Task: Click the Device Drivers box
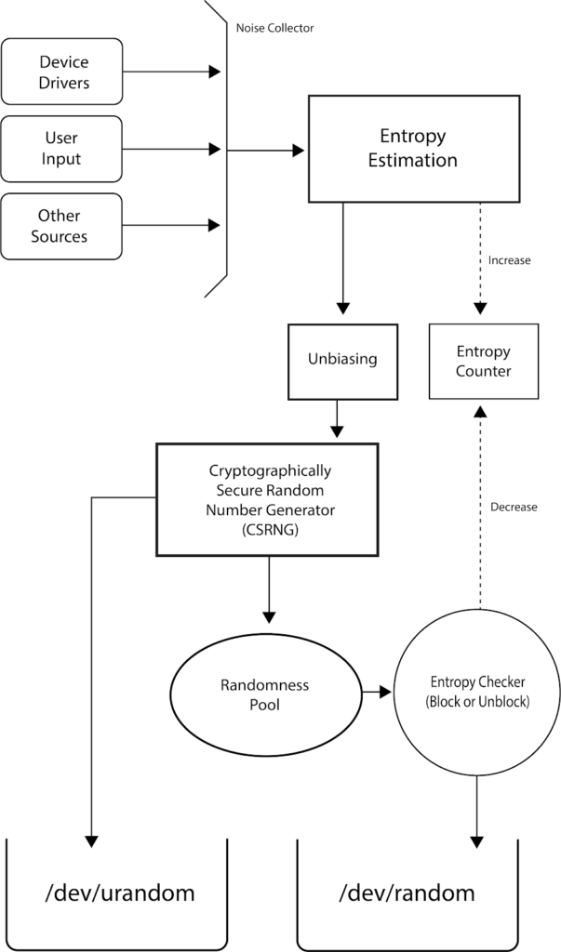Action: pos(62,71)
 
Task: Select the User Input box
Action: pos(62,149)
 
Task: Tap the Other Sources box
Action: pos(62,226)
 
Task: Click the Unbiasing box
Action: pos(342,357)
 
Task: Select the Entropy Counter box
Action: pos(483,361)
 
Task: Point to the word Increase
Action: pos(509,260)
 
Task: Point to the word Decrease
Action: pos(514,507)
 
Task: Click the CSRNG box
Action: pos(267,498)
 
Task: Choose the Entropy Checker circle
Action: pos(477,693)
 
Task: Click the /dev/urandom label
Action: pos(120,894)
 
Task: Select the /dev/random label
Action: pos(407,894)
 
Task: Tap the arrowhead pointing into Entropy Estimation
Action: pos(299,150)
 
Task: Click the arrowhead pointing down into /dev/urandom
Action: pos(91,840)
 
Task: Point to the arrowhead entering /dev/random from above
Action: pos(476,840)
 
